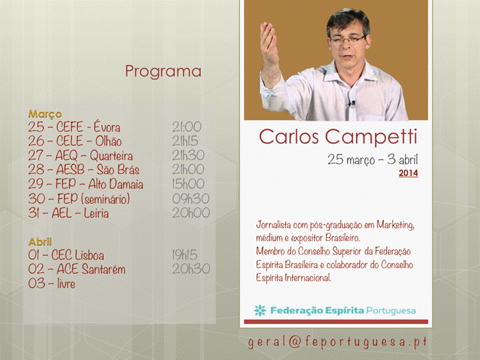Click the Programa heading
pos(163,72)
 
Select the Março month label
pos(45,114)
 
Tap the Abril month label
pos(40,242)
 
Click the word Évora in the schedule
pos(107,127)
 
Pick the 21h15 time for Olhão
pos(185,141)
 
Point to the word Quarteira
pos(111,156)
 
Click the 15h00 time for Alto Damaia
pos(188,184)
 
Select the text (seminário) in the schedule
pos(105,199)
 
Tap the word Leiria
pos(96,213)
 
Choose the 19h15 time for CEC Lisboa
pos(185,255)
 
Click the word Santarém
pos(104,269)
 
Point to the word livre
pos(66,283)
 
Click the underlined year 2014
pos(408,173)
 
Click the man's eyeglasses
pos(347,39)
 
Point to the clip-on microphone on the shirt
pos(352,103)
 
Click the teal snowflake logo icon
pos(260,310)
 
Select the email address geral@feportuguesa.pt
pos(338,342)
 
